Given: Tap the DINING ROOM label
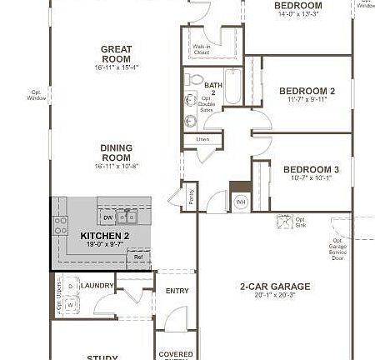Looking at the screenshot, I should point(117,152).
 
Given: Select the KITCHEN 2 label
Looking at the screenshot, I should point(102,237).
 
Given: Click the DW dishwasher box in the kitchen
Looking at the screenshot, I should point(107,217).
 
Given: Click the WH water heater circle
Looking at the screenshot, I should point(240,202).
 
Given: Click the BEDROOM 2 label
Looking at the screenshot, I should point(307,91).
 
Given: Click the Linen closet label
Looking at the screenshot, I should point(202,139).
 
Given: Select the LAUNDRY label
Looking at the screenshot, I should point(97,285).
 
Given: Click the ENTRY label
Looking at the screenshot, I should point(177,291).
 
